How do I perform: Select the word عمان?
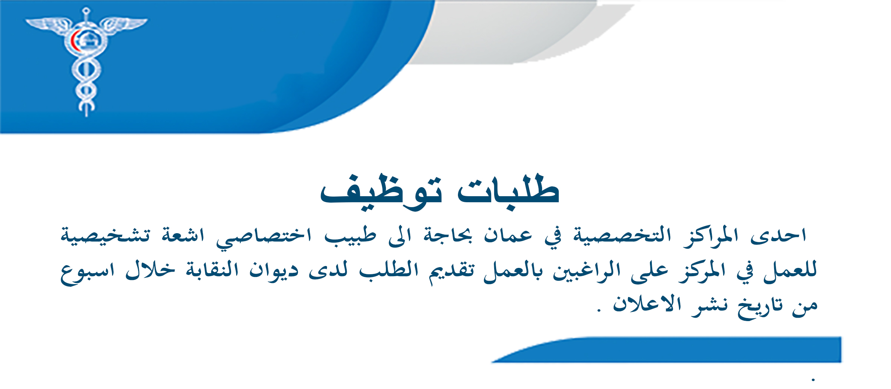pyautogui.click(x=508, y=236)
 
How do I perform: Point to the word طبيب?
pyautogui.click(x=350, y=236)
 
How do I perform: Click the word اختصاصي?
pyautogui.click(x=264, y=237)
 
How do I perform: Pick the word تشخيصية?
pyautogui.click(x=106, y=236)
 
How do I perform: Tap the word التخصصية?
pyautogui.click(x=622, y=236)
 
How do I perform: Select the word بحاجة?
pyautogui.click(x=448, y=236)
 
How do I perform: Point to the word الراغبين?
pyautogui.click(x=587, y=271)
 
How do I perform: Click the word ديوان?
pyautogui.click(x=274, y=271)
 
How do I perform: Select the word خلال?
pyautogui.click(x=150, y=270)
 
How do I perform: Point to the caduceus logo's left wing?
pyautogui.click(x=47, y=24)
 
